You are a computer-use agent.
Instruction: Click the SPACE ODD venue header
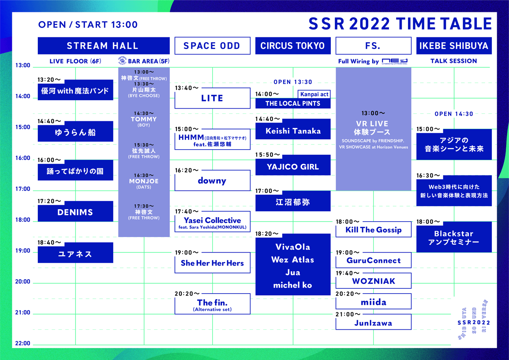pyautogui.click(x=212, y=46)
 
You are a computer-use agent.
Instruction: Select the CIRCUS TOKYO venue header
pyautogui.click(x=293, y=46)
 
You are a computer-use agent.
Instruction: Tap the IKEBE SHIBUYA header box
pyautogui.click(x=454, y=46)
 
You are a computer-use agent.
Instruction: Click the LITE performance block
pyautogui.click(x=212, y=98)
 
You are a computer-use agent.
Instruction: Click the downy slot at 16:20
pyautogui.click(x=212, y=181)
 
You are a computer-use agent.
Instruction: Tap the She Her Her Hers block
pyautogui.click(x=212, y=263)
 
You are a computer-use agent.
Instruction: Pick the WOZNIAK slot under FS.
pyautogui.click(x=373, y=281)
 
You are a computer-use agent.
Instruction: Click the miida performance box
pyautogui.click(x=373, y=302)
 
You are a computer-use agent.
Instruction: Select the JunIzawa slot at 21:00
pyautogui.click(x=373, y=322)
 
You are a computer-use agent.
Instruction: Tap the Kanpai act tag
pyautogui.click(x=314, y=94)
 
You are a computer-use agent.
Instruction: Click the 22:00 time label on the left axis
pyautogui.click(x=23, y=343)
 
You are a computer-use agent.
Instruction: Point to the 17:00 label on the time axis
pyautogui.click(x=23, y=189)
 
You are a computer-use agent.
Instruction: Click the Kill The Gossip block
pyautogui.click(x=373, y=229)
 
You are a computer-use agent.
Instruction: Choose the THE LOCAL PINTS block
pyautogui.click(x=293, y=103)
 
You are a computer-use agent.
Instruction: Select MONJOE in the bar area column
pyautogui.click(x=144, y=181)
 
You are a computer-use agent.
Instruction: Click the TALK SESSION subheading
pyautogui.click(x=454, y=61)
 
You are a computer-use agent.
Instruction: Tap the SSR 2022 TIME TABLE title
pyautogui.click(x=400, y=24)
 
